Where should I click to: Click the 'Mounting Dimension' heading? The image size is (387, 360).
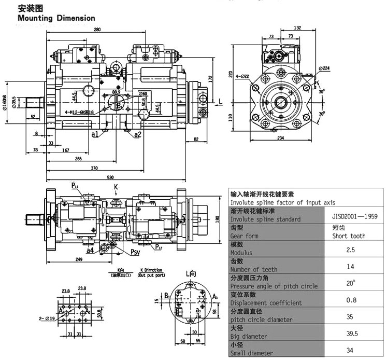click(x=56, y=18)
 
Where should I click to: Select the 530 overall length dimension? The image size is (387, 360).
click(x=110, y=178)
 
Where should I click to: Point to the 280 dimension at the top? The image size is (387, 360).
click(x=97, y=30)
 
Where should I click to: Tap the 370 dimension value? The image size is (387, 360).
click(x=94, y=168)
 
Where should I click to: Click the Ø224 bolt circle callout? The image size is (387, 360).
click(x=324, y=68)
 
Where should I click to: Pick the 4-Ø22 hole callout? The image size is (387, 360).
click(x=242, y=76)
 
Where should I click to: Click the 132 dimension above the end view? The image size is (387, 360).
click(x=297, y=27)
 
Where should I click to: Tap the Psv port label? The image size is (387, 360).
click(x=136, y=253)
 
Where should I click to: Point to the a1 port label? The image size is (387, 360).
click(x=95, y=134)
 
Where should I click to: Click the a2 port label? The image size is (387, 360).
click(x=138, y=134)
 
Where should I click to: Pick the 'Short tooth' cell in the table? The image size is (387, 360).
click(x=349, y=236)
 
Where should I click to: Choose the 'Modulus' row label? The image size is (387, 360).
click(x=241, y=253)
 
